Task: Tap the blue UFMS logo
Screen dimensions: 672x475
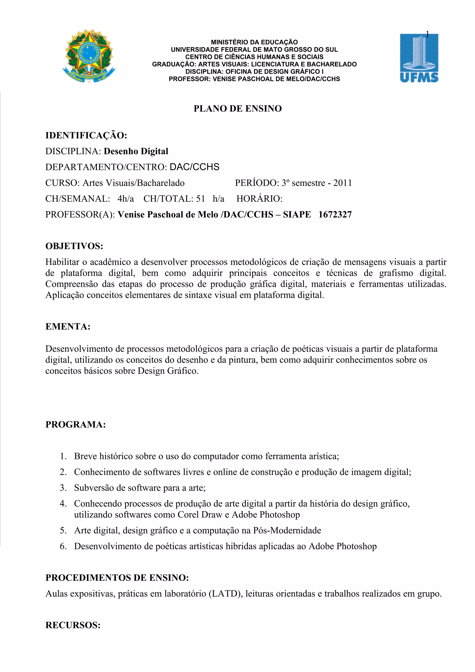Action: (419, 58)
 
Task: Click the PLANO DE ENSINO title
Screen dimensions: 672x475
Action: (237, 109)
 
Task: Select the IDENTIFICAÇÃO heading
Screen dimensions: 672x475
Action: (86, 135)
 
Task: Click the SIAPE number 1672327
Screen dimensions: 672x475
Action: (335, 214)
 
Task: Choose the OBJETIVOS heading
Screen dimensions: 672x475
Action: (74, 246)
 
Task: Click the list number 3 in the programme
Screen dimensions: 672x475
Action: (63, 488)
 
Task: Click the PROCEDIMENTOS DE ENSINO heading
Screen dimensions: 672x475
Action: (117, 578)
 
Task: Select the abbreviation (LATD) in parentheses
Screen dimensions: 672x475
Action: (225, 594)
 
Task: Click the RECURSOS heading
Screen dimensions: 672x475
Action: (73, 625)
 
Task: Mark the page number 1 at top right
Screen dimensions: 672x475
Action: (427, 35)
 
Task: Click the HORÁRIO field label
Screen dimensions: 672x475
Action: (259, 199)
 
